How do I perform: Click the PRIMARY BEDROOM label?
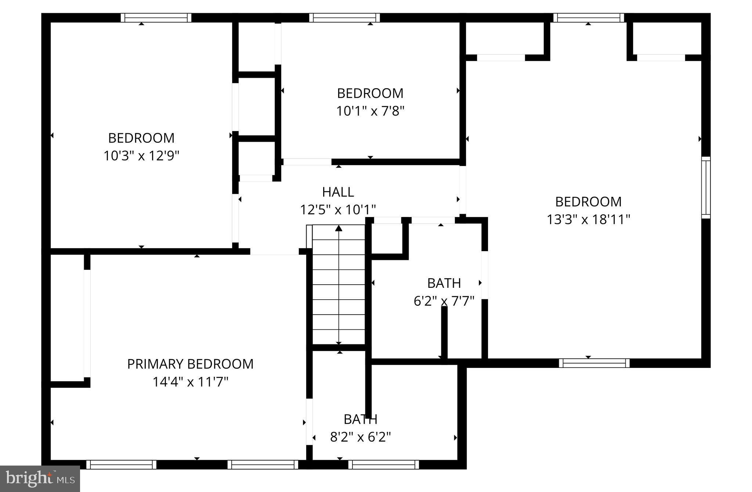190,364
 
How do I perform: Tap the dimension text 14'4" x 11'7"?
190,382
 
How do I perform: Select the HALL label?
338,192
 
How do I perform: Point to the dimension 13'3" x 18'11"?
588,220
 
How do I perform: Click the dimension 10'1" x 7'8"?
370,111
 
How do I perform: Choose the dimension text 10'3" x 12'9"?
141,156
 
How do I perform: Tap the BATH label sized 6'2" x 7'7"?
444,283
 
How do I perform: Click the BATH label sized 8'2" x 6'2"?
360,419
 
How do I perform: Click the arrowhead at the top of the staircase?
339,228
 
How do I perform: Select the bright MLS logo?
40,478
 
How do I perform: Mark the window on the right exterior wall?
706,187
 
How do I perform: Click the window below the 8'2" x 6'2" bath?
383,464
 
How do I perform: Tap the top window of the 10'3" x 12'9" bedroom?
156,18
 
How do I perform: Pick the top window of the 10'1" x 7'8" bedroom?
344,18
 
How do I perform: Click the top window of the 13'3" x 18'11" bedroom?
588,18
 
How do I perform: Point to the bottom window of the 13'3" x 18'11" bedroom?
594,363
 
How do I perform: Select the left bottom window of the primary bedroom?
121,464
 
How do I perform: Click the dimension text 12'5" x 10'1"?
338,210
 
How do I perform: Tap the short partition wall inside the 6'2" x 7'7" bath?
444,332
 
